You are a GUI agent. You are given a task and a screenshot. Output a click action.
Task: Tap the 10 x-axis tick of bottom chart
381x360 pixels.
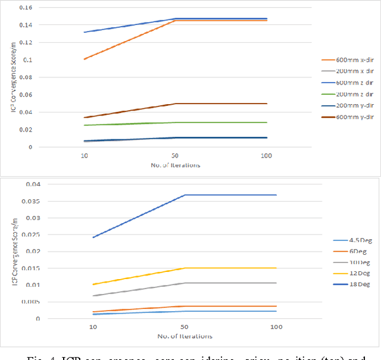[92, 328]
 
